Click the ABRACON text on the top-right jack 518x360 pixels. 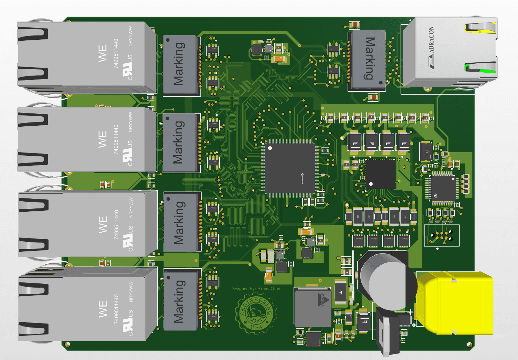[x=431, y=40]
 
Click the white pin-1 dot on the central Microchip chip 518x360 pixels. [x=270, y=148]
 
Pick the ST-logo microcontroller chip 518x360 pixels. [x=442, y=188]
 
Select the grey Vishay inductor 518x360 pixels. [x=312, y=307]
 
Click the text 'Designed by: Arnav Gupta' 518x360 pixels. [x=256, y=289]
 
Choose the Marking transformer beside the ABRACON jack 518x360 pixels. [x=367, y=59]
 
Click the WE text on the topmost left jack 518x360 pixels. [x=102, y=53]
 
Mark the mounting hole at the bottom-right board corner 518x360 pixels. [x=469, y=345]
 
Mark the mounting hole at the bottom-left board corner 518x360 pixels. [x=68, y=344]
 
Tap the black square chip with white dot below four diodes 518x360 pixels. [x=380, y=174]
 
